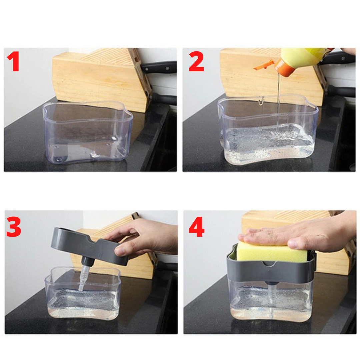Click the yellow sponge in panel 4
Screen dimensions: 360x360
click(272, 252)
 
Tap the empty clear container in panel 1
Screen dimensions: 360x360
click(87, 133)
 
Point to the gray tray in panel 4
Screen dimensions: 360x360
click(270, 272)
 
